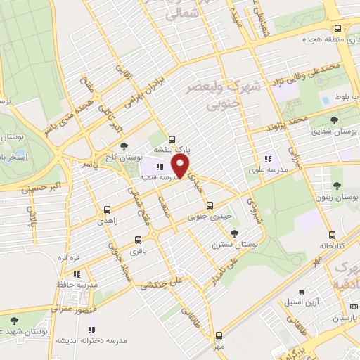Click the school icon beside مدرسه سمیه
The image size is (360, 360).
(x=160, y=167)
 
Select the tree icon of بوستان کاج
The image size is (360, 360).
(x=124, y=146)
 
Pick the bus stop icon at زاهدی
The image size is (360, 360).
(x=107, y=210)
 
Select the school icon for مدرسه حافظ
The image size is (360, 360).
(x=77, y=274)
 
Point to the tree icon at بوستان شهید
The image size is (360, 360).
(x=13, y=319)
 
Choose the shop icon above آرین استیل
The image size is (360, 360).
(x=301, y=290)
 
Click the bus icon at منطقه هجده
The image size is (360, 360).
(x=338, y=29)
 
